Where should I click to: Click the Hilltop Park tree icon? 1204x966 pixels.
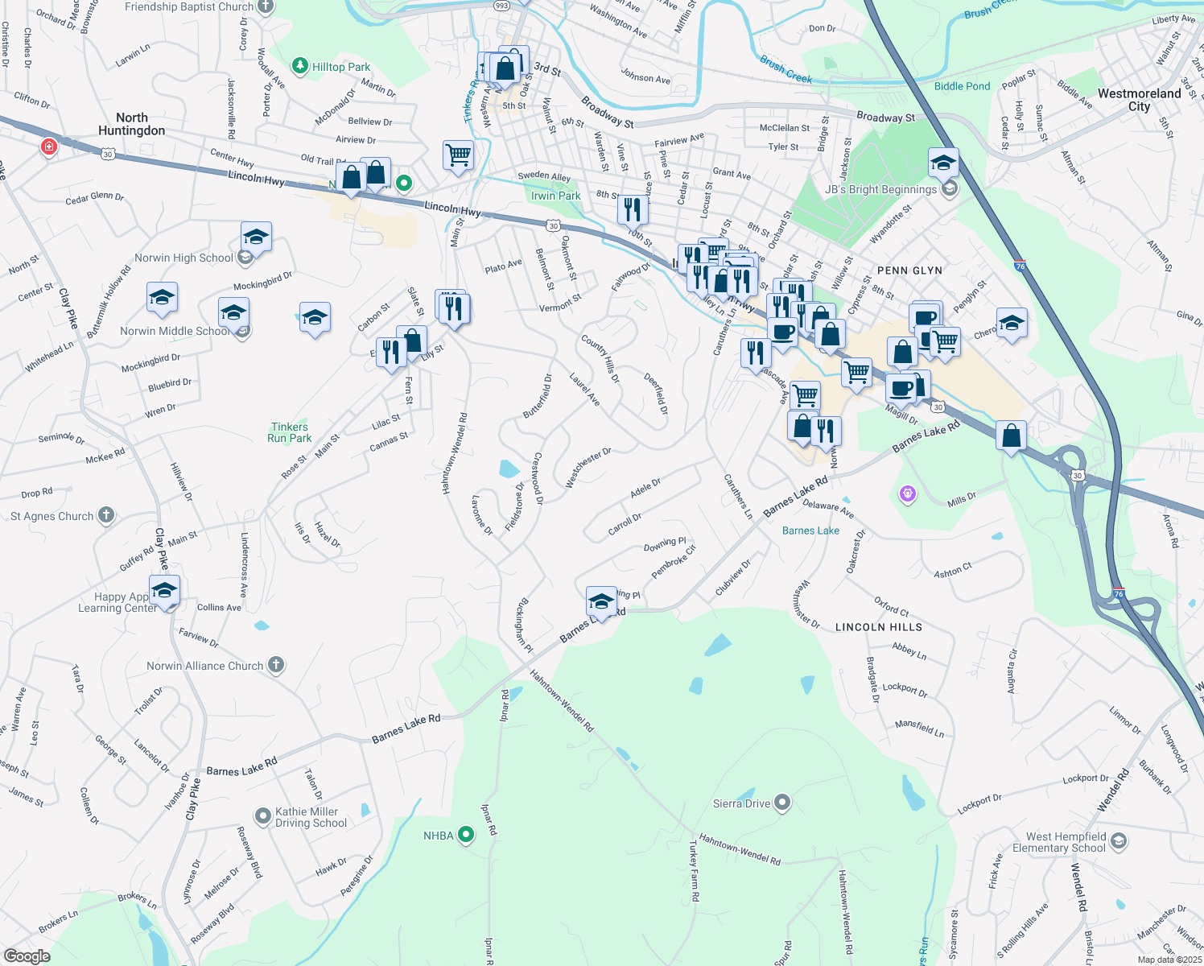(300, 66)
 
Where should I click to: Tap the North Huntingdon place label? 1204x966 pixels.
(131, 124)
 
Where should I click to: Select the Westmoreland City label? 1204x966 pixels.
(1139, 100)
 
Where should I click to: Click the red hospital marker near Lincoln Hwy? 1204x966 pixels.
(49, 147)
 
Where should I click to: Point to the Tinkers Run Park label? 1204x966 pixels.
(290, 432)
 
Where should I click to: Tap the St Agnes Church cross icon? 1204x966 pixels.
(106, 515)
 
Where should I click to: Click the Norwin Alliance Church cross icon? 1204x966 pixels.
(276, 665)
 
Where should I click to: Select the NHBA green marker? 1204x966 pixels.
(466, 836)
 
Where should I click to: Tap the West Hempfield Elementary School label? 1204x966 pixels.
(1059, 842)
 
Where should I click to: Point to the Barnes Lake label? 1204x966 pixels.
(810, 530)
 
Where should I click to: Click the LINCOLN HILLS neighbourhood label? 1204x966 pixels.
(878, 627)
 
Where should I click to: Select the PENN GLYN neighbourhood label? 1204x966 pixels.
(909, 270)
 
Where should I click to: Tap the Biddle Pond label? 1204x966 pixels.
(962, 86)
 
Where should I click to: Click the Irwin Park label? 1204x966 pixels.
(555, 196)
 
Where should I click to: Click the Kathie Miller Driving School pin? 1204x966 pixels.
(262, 816)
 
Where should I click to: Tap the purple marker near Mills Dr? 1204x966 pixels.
(908, 493)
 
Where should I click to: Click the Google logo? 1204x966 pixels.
(27, 956)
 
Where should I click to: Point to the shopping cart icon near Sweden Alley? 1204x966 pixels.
(458, 155)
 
